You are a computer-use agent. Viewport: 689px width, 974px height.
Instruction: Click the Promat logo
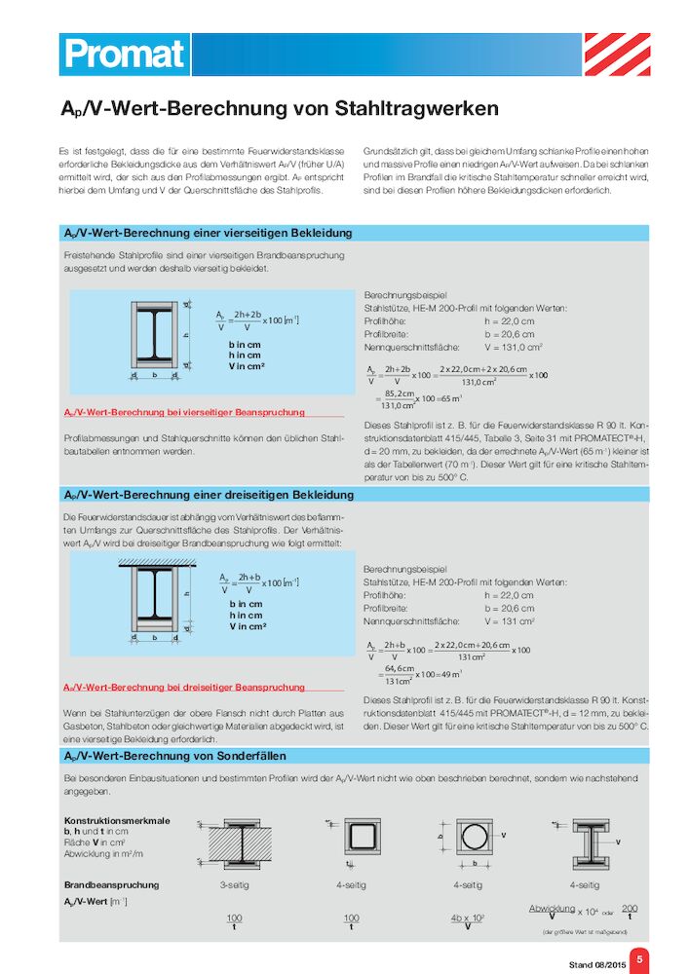click(x=124, y=54)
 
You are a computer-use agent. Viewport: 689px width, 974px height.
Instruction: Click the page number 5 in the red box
click(x=639, y=960)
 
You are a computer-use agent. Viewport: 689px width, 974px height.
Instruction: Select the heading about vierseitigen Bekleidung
click(x=208, y=234)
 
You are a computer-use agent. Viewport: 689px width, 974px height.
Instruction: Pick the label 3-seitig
click(x=234, y=885)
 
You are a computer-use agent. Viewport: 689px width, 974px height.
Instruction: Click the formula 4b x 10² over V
click(x=468, y=922)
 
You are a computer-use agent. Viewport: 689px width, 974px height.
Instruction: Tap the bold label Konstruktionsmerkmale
click(x=116, y=820)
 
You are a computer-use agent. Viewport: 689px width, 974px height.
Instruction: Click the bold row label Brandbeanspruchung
click(x=111, y=885)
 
